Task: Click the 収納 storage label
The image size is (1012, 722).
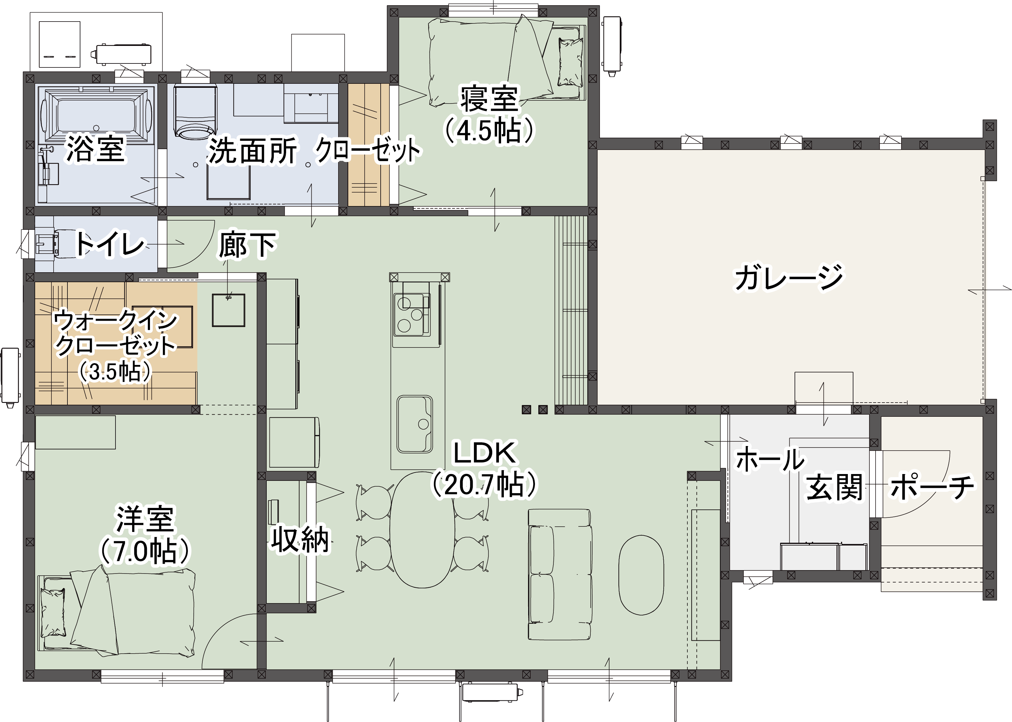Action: (x=301, y=539)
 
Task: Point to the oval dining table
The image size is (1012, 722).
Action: (x=423, y=529)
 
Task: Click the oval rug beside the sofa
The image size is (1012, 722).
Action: (x=641, y=575)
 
